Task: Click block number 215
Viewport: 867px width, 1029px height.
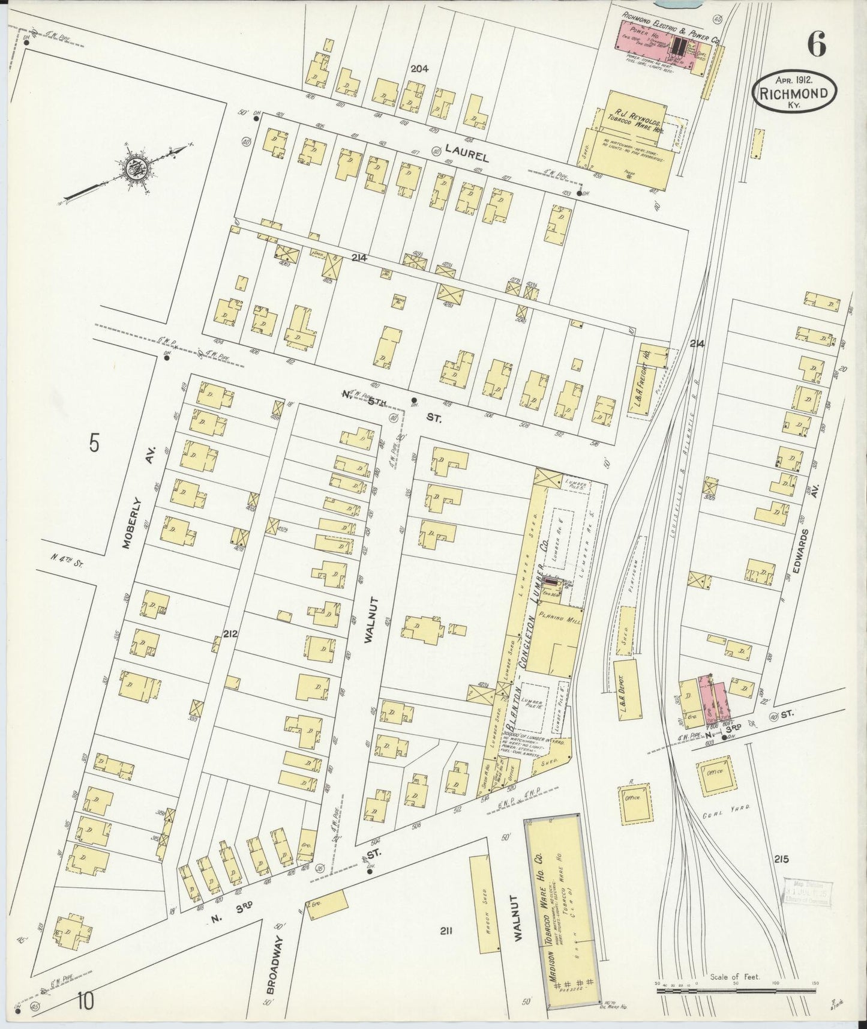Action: coord(782,860)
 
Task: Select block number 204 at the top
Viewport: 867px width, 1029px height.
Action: coord(419,69)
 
